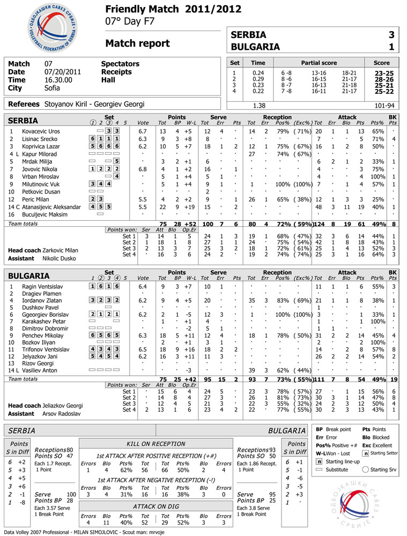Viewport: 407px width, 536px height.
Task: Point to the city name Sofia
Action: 52,88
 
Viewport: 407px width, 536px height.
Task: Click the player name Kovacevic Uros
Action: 41,131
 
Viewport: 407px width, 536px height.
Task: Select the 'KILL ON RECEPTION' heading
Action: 156,444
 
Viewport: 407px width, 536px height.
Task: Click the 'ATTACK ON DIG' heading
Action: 156,506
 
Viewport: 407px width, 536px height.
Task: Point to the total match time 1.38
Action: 258,106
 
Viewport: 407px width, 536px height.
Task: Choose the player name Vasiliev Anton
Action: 41,370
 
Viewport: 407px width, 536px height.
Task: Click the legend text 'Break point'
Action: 339,430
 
